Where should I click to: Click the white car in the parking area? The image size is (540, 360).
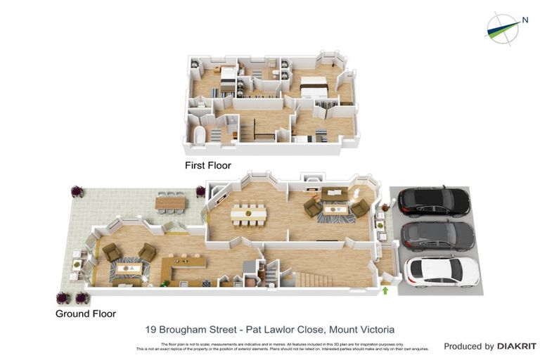click(x=442, y=271)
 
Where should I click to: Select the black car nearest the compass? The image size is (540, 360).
click(x=434, y=202)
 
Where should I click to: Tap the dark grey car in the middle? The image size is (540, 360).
click(x=437, y=236)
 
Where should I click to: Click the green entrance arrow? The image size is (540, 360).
click(x=385, y=290)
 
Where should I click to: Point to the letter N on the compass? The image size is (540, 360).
click(x=525, y=20)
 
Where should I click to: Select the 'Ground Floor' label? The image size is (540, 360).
click(x=86, y=314)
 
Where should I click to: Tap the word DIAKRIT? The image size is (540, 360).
click(x=517, y=346)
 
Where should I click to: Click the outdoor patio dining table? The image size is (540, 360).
click(x=170, y=203)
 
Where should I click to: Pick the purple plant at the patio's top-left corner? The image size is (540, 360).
click(x=76, y=191)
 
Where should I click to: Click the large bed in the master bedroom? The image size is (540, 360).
click(x=314, y=87)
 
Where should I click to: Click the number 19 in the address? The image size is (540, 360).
click(x=150, y=329)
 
